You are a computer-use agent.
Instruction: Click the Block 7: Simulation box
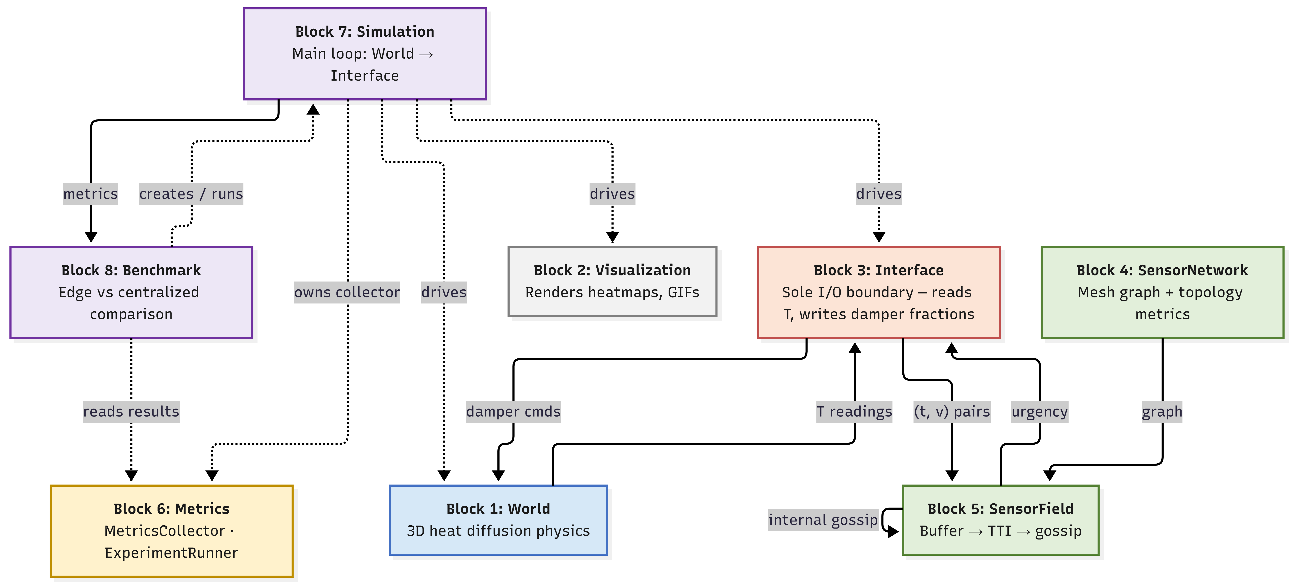coord(365,54)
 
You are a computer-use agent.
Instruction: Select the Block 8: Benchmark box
coord(131,293)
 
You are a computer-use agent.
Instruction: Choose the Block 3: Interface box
coord(879,293)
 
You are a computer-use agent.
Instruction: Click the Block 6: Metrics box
coord(171,531)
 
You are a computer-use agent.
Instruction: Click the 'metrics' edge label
coord(90,194)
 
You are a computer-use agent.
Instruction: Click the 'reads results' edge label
coord(131,412)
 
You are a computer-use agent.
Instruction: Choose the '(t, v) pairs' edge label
coord(952,412)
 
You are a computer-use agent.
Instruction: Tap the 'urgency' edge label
coord(1039,412)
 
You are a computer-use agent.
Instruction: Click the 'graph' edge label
coord(1162,412)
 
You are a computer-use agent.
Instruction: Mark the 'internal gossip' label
coord(823,520)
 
